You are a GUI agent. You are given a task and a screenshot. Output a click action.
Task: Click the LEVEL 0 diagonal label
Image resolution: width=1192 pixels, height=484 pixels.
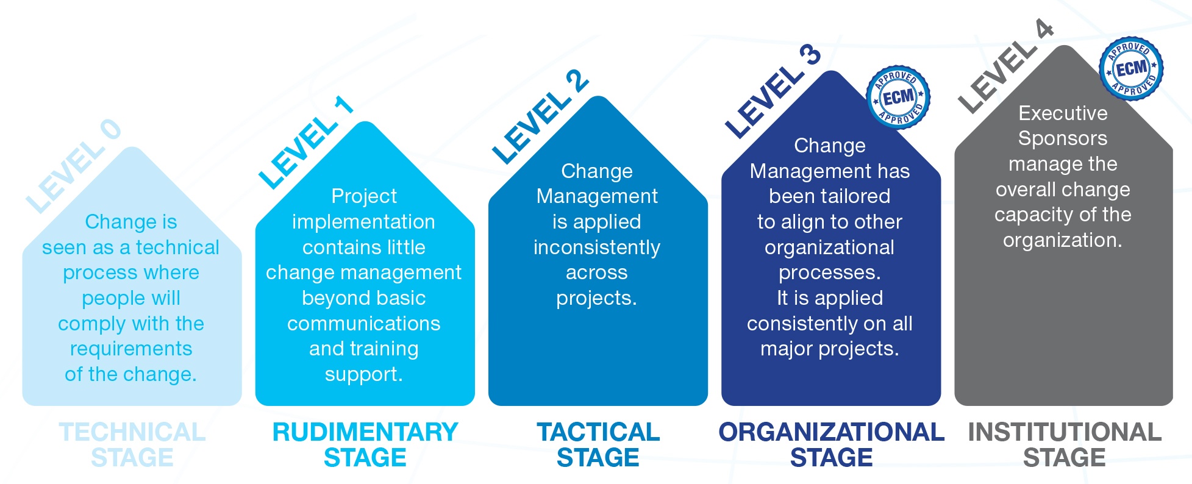[x=73, y=166]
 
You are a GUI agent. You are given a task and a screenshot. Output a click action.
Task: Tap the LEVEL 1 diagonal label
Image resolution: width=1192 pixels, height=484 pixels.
[x=305, y=143]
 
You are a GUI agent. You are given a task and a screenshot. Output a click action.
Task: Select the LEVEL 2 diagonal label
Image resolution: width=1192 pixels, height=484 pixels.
[x=540, y=117]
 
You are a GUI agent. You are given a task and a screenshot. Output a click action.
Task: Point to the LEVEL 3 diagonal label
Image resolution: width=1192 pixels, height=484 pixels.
[x=773, y=91]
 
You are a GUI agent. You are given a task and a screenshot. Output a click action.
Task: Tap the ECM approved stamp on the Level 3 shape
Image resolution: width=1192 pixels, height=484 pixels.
[x=898, y=97]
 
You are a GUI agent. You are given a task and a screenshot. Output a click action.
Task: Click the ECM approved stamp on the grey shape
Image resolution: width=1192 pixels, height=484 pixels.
[x=1131, y=68]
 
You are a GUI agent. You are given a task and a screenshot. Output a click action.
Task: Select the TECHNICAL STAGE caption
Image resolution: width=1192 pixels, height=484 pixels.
[x=132, y=444]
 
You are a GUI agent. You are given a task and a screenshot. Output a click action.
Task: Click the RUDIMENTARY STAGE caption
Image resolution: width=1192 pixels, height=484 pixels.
[x=365, y=444]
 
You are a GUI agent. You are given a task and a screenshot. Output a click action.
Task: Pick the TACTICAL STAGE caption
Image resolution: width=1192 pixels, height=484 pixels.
[x=598, y=444]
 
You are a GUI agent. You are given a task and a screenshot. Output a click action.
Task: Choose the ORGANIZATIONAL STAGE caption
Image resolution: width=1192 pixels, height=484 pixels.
[x=831, y=444]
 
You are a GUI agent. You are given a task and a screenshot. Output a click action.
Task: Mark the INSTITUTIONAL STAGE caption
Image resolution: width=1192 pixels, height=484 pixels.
[x=1065, y=444]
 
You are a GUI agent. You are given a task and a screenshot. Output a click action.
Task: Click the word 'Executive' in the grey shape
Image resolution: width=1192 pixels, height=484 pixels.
[x=1063, y=113]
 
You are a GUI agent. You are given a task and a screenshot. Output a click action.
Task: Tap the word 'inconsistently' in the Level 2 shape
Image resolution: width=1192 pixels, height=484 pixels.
[x=596, y=247]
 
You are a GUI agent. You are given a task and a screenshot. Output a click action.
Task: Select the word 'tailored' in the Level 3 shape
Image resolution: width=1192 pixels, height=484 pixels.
[x=860, y=196]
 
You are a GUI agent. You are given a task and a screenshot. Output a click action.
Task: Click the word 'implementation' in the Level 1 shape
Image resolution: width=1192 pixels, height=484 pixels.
[x=363, y=222]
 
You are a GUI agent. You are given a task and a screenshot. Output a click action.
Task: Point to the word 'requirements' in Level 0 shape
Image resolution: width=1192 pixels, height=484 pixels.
[x=131, y=349]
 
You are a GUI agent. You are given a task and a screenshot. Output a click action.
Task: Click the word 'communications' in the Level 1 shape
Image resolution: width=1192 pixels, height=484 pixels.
[x=363, y=323]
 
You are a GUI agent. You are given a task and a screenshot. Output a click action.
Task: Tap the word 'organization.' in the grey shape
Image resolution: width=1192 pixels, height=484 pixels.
[x=1062, y=240]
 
